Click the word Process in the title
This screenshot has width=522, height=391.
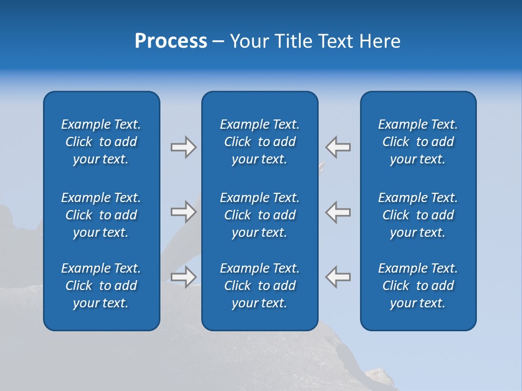tap(171, 41)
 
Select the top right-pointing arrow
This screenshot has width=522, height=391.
tap(183, 147)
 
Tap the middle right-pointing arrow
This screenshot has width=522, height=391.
tap(183, 211)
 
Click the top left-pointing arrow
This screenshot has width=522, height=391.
tap(338, 147)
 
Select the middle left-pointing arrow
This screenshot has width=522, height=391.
tap(338, 211)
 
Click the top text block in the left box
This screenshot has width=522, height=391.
tap(101, 142)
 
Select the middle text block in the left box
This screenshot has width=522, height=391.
tap(101, 215)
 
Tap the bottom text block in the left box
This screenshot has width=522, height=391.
tap(101, 286)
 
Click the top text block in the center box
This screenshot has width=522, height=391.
tap(260, 142)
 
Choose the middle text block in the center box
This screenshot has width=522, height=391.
tap(260, 215)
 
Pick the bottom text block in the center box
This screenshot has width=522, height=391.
tap(260, 286)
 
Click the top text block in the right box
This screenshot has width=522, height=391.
tap(418, 142)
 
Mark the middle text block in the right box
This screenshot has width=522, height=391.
tap(418, 215)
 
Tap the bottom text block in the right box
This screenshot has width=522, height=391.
tap(418, 286)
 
